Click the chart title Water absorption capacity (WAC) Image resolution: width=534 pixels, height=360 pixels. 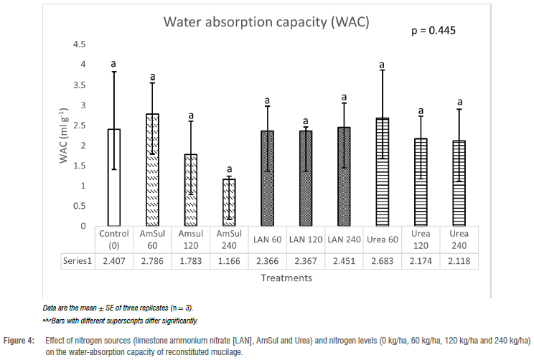266,22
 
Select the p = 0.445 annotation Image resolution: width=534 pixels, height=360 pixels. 433,31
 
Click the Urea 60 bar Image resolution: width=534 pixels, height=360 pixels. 383,172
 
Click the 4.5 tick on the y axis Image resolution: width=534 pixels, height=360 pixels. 80,44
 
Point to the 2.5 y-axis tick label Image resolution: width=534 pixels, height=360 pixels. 80,125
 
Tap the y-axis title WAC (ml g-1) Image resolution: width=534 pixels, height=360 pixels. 64,136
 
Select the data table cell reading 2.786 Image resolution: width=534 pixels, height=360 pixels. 152,261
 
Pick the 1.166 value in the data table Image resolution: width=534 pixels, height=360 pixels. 229,261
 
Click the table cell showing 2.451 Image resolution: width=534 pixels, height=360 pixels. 345,261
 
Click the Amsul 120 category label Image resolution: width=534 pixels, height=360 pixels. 190,240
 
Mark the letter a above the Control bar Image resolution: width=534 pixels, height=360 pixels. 113,65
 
